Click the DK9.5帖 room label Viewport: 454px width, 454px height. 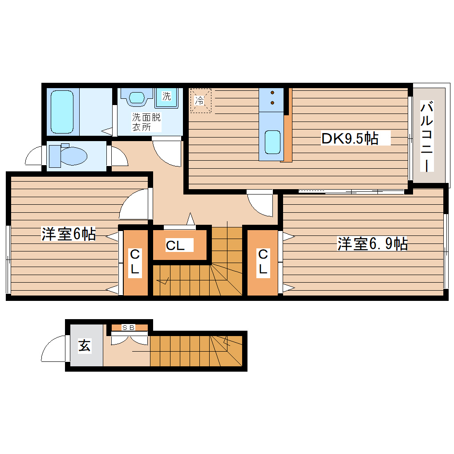click(350, 139)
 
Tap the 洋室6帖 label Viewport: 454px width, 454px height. click(68, 234)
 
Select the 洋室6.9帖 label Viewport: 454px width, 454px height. click(372, 244)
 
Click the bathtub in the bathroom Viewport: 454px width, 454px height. click(61, 111)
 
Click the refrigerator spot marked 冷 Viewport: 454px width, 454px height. click(200, 101)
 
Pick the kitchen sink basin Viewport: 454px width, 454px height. click(272, 142)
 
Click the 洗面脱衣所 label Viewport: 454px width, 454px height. click(146, 122)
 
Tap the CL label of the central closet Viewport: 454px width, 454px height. click(175, 245)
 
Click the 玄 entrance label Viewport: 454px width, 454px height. click(85, 345)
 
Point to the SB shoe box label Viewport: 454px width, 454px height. click(129, 328)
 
